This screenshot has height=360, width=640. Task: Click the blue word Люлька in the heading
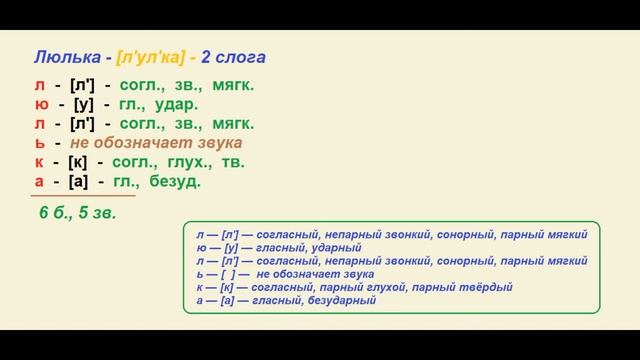(62, 57)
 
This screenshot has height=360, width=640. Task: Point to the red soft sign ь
(38, 143)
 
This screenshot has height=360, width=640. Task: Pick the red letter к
(38, 162)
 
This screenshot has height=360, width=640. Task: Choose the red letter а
(38, 181)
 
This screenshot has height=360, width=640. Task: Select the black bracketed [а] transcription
(83, 181)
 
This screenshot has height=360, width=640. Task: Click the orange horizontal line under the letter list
(70, 196)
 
